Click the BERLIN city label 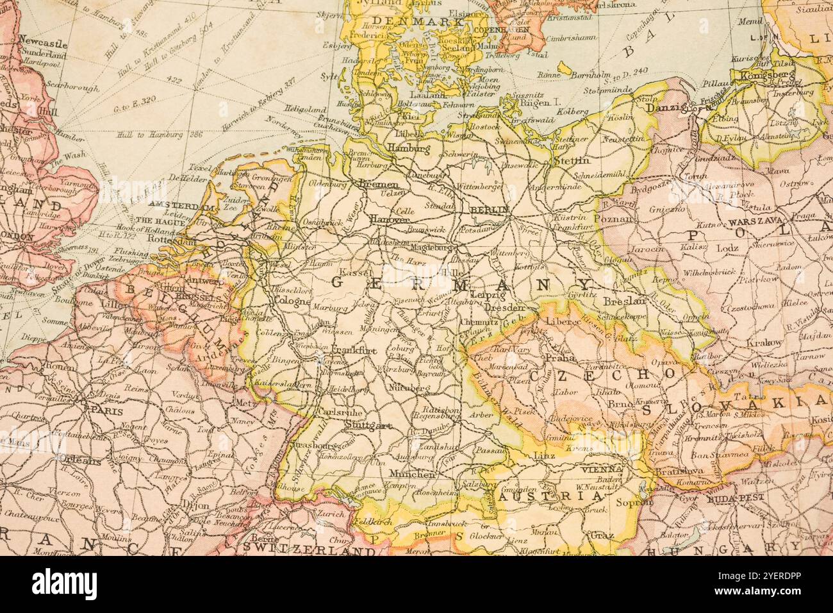point(489,210)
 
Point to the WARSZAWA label point(754,220)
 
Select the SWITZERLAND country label point(308,550)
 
